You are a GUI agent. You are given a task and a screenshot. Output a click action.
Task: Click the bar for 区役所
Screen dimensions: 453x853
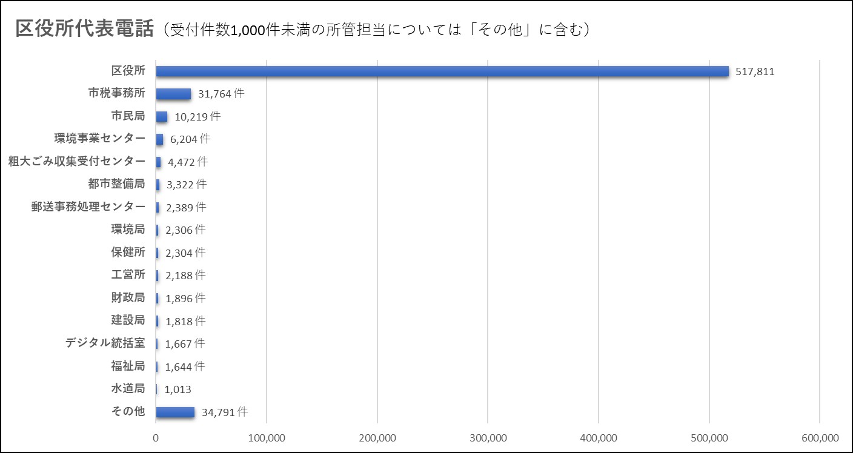(442, 71)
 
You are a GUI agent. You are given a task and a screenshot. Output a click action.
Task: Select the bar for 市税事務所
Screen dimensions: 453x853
(174, 94)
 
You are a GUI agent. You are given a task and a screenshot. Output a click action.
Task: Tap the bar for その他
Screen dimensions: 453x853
(175, 412)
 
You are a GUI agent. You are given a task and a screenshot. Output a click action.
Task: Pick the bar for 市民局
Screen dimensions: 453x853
(162, 116)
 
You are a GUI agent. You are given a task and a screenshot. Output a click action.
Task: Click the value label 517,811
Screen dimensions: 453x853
(755, 72)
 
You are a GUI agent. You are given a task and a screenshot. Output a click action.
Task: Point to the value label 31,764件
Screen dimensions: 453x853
(221, 94)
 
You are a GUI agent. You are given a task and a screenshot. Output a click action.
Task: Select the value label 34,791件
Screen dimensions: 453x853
(225, 412)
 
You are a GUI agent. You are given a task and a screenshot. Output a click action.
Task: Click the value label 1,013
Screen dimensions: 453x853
(178, 389)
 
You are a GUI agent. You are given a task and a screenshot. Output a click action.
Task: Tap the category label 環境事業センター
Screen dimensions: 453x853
(99, 139)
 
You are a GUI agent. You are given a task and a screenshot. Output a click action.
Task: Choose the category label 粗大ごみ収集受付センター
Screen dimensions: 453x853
(77, 161)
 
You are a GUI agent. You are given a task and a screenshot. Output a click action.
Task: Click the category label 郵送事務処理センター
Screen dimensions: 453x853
(88, 207)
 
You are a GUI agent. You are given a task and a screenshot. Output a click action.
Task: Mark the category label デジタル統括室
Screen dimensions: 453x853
(105, 343)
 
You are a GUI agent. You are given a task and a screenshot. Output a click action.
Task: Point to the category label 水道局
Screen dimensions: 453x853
(128, 389)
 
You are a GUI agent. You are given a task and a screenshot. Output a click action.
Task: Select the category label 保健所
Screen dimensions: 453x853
(128, 252)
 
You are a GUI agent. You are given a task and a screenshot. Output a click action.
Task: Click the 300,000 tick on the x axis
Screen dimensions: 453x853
(488, 438)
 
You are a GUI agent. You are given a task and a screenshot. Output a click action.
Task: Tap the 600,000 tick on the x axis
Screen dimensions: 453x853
(819, 438)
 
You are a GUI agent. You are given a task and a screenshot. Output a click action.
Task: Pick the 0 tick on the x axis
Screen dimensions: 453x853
(156, 438)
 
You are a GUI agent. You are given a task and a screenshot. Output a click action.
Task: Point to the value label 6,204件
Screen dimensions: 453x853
(190, 139)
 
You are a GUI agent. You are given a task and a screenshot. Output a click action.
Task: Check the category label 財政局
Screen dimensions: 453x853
(128, 297)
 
